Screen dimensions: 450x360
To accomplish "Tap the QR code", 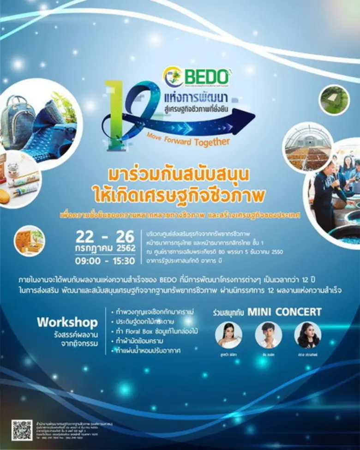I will [x=22, y=429].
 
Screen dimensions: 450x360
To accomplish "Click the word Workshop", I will [x=67, y=322].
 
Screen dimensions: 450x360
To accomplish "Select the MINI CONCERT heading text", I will [x=284, y=312].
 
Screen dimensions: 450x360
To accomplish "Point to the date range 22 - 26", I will [x=105, y=236].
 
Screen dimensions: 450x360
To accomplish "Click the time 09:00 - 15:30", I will [x=105, y=261].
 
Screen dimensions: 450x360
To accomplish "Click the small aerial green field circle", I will [x=334, y=100].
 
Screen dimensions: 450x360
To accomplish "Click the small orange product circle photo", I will [x=30, y=240].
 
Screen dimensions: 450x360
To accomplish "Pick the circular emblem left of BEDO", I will [x=173, y=77].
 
